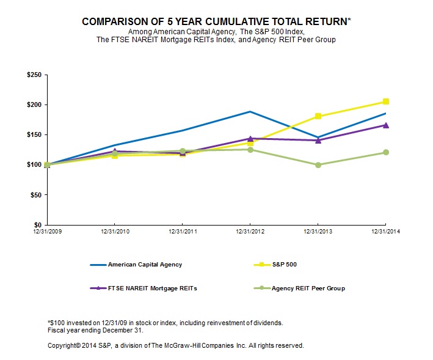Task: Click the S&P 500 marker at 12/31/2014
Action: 386,101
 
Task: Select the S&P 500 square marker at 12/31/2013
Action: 318,116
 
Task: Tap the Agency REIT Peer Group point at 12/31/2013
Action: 318,165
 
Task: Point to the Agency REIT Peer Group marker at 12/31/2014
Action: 386,152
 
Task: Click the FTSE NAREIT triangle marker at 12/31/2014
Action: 386,125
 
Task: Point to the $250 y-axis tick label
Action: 34,75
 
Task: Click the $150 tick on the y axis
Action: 34,134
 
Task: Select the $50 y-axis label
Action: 35,195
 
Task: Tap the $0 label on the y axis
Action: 38,225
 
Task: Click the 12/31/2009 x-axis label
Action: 47,232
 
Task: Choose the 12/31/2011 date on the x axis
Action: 183,232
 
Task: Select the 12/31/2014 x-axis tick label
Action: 385,232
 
